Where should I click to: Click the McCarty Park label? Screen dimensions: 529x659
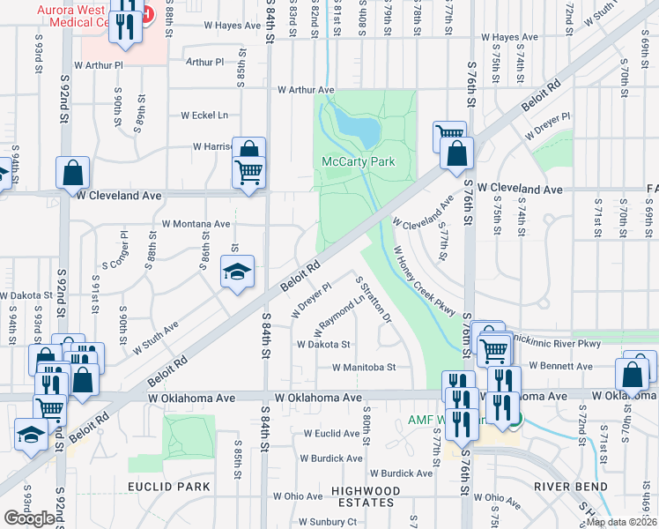coord(358,161)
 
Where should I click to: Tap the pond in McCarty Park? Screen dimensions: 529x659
coord(361,130)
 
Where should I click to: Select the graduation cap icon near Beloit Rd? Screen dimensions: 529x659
coord(237,274)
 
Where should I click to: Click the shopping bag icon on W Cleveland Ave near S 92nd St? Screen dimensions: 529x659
coord(73,174)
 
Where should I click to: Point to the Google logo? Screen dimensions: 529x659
coord(29,518)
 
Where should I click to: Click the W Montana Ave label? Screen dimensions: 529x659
coord(196,224)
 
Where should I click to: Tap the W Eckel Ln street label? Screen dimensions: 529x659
coord(204,115)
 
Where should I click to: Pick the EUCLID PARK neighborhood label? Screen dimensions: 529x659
coord(168,487)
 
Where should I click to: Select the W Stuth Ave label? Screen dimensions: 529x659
coord(156,338)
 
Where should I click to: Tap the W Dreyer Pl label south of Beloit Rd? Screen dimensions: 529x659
coord(310,301)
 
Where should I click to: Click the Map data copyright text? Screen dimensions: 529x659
coord(621,521)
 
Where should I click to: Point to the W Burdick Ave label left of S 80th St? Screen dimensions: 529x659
coord(330,458)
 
